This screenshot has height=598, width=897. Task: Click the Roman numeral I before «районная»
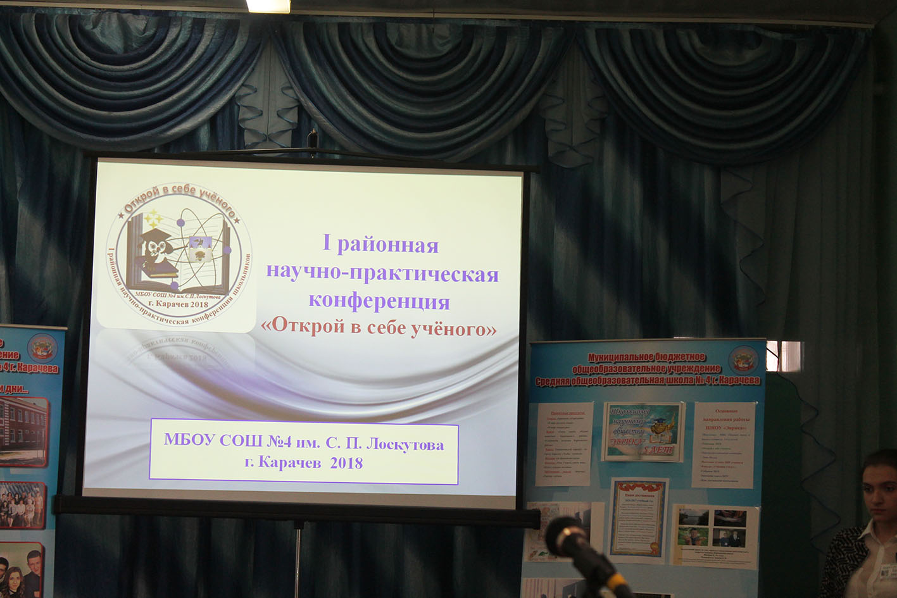point(327,244)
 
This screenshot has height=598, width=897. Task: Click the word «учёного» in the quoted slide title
point(453,328)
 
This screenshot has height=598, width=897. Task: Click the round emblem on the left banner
point(42,347)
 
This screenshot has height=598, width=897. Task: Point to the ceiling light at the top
point(268,6)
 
